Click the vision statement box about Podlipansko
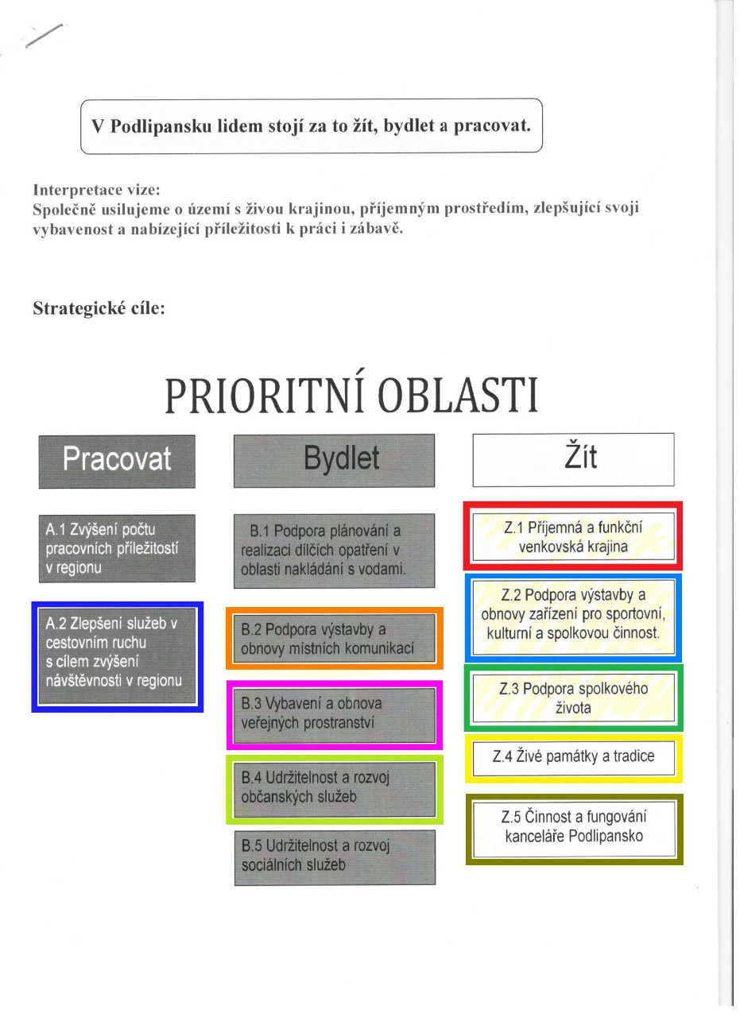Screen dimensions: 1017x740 311,126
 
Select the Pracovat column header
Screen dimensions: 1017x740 117,461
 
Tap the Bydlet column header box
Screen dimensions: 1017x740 334,460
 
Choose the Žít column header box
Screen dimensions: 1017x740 573,459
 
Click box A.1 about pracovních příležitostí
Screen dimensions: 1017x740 117,547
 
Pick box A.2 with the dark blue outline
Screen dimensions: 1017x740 117,657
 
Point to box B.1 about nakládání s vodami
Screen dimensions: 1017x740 334,550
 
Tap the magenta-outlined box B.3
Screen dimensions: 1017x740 334,714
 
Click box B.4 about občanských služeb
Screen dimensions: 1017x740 334,787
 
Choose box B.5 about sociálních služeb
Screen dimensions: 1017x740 334,857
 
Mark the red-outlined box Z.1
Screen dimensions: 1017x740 573,536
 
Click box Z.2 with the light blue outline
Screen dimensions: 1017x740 573,617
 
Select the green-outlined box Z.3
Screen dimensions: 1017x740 573,697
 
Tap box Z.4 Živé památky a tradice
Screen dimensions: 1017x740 573,757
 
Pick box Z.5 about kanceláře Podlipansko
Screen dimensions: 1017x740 573,828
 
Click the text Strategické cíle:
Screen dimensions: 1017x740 99,308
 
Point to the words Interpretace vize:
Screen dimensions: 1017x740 96,190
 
